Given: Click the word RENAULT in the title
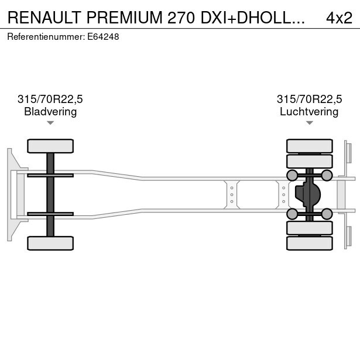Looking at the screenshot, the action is pyautogui.click(x=44, y=18).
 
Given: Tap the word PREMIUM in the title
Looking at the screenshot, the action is pyautogui.click(x=125, y=18).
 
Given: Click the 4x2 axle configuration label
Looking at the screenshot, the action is pyautogui.click(x=339, y=18).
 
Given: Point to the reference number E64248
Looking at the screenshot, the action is pyautogui.click(x=103, y=37).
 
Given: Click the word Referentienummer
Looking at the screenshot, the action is pyautogui.click(x=46, y=37).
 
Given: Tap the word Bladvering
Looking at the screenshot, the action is pyautogui.click(x=50, y=112).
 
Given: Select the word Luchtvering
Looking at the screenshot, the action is pyautogui.click(x=309, y=112).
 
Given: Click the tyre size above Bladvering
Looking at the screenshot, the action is pyautogui.click(x=50, y=99).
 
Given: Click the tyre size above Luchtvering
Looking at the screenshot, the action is pyautogui.click(x=309, y=99).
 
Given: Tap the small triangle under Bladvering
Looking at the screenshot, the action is pyautogui.click(x=50, y=123).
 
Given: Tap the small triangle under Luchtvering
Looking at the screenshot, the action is pyautogui.click(x=310, y=123).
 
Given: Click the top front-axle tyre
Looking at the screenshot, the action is pyautogui.click(x=50, y=146).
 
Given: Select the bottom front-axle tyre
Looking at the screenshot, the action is pyautogui.click(x=50, y=243).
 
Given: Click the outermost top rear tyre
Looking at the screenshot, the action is pyautogui.click(x=310, y=146).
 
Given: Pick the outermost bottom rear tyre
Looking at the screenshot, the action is pyautogui.click(x=310, y=243).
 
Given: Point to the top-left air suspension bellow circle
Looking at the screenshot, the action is pyautogui.click(x=292, y=176).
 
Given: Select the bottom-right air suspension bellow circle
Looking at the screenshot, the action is pyautogui.click(x=327, y=214).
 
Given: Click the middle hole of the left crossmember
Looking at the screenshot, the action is pyautogui.click(x=232, y=195).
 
